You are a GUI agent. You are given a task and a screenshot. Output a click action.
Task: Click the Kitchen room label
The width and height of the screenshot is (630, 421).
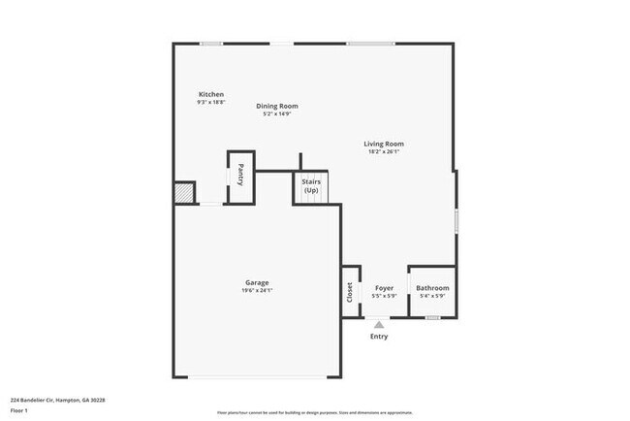click(x=210, y=94)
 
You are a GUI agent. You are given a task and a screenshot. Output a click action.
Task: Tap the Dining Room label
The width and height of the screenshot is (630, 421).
click(x=277, y=106)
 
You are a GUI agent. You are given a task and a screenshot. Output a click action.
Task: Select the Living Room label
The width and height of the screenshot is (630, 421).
click(x=384, y=144)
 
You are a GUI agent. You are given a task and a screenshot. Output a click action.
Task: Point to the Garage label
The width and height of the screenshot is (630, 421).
click(x=257, y=282)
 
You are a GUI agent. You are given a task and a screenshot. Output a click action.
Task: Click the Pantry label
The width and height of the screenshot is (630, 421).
click(x=240, y=178)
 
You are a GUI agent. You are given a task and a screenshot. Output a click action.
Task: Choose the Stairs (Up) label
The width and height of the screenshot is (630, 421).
click(x=311, y=185)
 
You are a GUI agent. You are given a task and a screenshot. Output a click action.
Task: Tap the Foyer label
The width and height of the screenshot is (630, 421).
click(x=384, y=288)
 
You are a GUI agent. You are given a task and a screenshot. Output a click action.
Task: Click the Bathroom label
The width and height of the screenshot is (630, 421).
click(x=432, y=288)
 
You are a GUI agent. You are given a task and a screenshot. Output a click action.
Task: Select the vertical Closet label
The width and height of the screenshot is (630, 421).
click(x=350, y=291)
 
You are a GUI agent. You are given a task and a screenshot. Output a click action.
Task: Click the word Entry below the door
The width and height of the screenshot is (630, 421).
click(x=379, y=337)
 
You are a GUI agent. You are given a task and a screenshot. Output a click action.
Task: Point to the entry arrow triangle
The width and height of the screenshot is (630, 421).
click(x=379, y=325)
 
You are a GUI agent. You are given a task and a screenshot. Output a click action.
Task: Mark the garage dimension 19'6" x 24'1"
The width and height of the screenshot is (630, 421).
click(x=257, y=291)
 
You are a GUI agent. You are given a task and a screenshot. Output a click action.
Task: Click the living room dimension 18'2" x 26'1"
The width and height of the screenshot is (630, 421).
click(x=384, y=151)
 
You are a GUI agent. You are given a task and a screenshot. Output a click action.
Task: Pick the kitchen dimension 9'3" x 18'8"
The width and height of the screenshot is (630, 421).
click(x=210, y=102)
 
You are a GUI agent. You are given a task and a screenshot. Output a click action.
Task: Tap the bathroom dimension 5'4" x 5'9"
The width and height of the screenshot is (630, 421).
click(x=432, y=296)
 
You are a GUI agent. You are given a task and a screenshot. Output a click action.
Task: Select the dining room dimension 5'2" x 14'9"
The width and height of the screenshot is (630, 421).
click(x=277, y=114)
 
